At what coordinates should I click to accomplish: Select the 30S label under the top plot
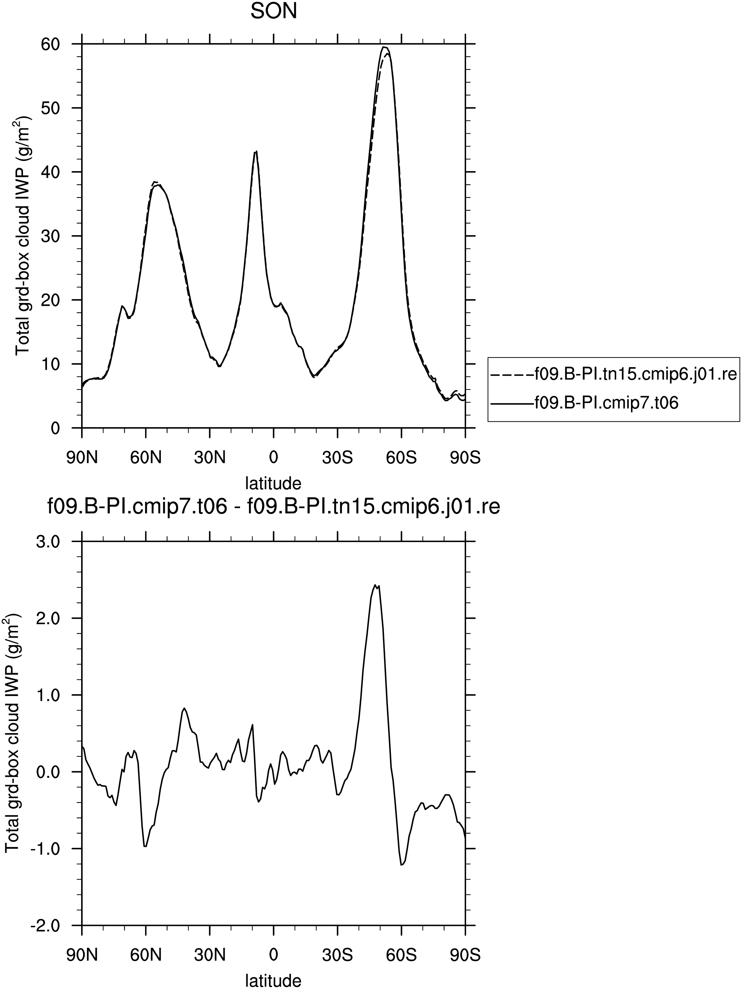[337, 458]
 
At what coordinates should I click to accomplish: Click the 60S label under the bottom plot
[401, 955]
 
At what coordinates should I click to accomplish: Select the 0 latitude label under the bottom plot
[274, 955]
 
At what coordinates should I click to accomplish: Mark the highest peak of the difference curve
[375, 585]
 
